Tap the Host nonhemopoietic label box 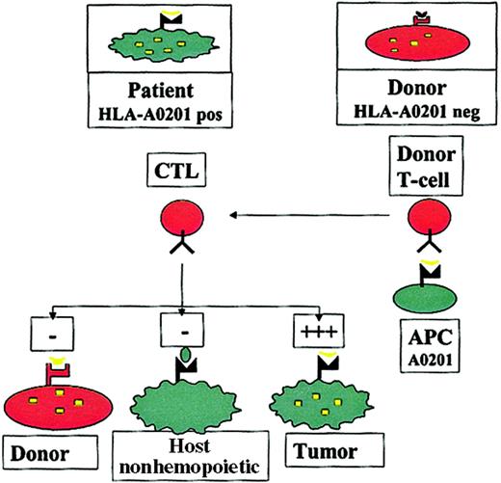point(174,452)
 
